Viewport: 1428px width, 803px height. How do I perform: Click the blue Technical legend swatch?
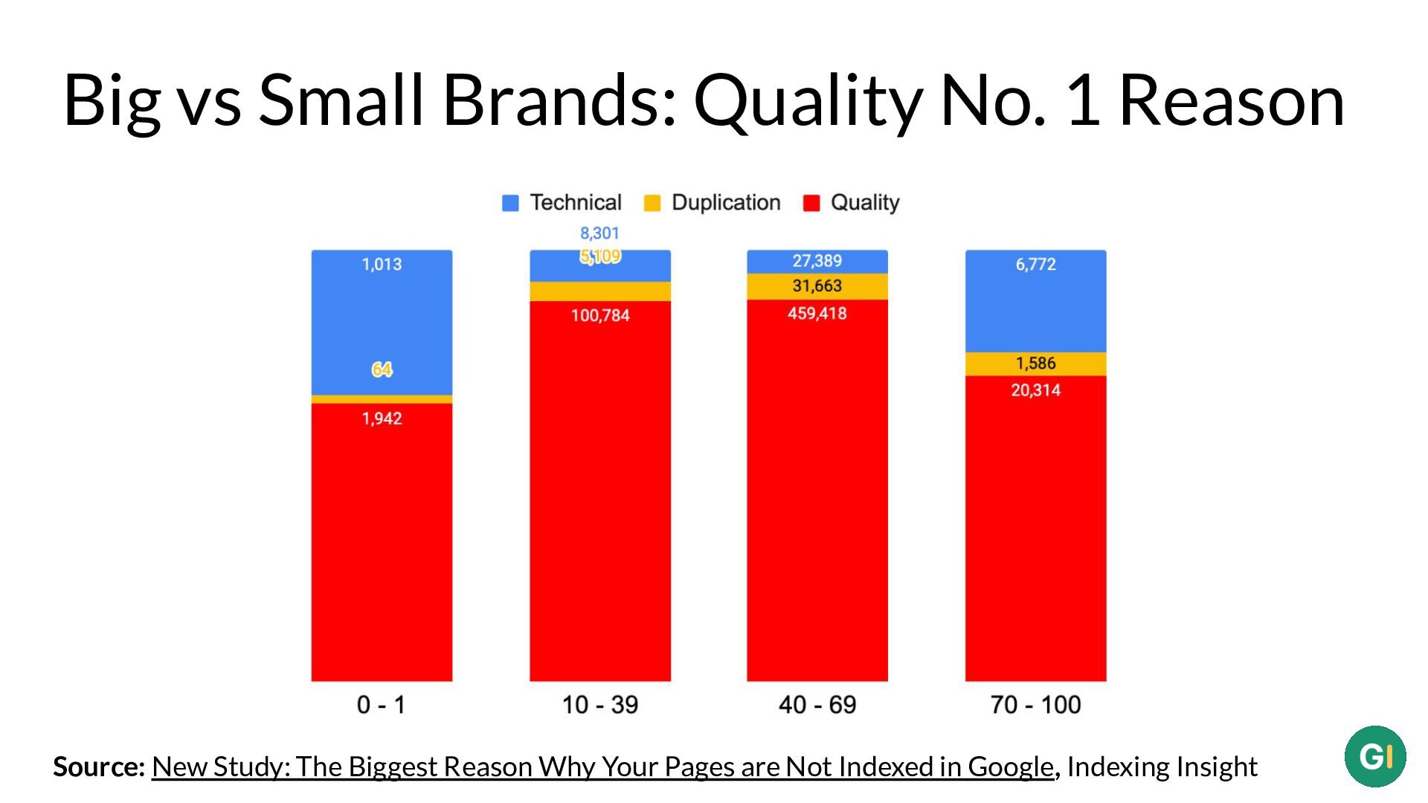[x=510, y=203]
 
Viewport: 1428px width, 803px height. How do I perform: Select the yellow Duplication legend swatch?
[x=652, y=203]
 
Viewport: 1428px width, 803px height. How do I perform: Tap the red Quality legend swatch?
[x=811, y=203]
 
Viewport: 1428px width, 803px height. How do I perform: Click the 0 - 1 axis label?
[x=381, y=704]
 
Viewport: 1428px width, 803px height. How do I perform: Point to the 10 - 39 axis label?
[x=599, y=704]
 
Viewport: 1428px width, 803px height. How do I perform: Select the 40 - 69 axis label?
[x=817, y=704]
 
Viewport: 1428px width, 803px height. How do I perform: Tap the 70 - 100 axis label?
[x=1035, y=704]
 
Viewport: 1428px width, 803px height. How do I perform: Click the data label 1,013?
[x=382, y=264]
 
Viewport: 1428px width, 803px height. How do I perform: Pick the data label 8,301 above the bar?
[x=599, y=233]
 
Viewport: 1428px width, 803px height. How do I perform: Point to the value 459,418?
[x=817, y=313]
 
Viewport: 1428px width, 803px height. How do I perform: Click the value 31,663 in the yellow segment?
[x=817, y=286]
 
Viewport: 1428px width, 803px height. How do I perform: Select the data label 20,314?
[x=1035, y=390]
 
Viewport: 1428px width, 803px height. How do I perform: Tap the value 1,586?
[x=1035, y=363]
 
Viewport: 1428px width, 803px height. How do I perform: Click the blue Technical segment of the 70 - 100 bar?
[x=1035, y=301]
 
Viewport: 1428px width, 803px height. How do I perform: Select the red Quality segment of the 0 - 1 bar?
[x=382, y=542]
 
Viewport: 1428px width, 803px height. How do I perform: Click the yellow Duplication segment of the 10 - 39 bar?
[x=600, y=291]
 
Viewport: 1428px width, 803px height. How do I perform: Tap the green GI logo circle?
[x=1375, y=757]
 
